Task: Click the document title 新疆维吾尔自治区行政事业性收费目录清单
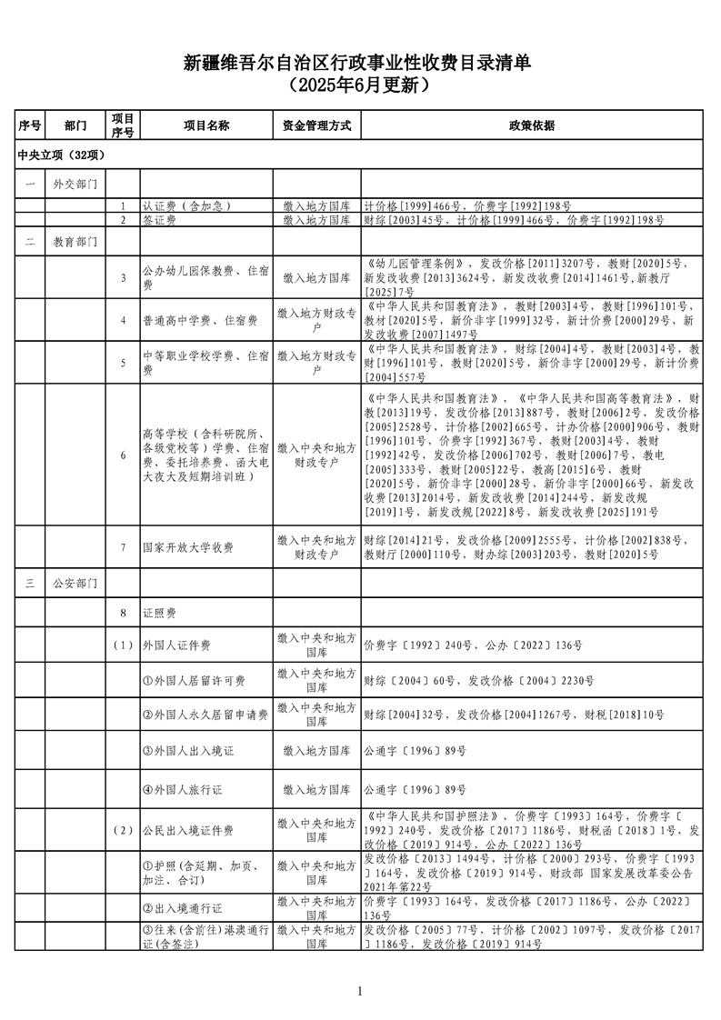point(360,63)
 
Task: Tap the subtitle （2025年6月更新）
point(360,86)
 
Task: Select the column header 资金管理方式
point(316,125)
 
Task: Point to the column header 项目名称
point(205,125)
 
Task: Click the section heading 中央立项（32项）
point(62,155)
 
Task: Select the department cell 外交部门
point(75,185)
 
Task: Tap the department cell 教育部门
point(75,243)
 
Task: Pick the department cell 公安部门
point(75,584)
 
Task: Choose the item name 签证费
point(159,220)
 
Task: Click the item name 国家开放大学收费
point(188,548)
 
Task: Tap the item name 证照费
point(157,615)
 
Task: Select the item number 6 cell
point(123,455)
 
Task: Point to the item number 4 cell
point(123,320)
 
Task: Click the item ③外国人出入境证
point(189,752)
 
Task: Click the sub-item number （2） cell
point(123,831)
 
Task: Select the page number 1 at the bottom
point(360,991)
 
